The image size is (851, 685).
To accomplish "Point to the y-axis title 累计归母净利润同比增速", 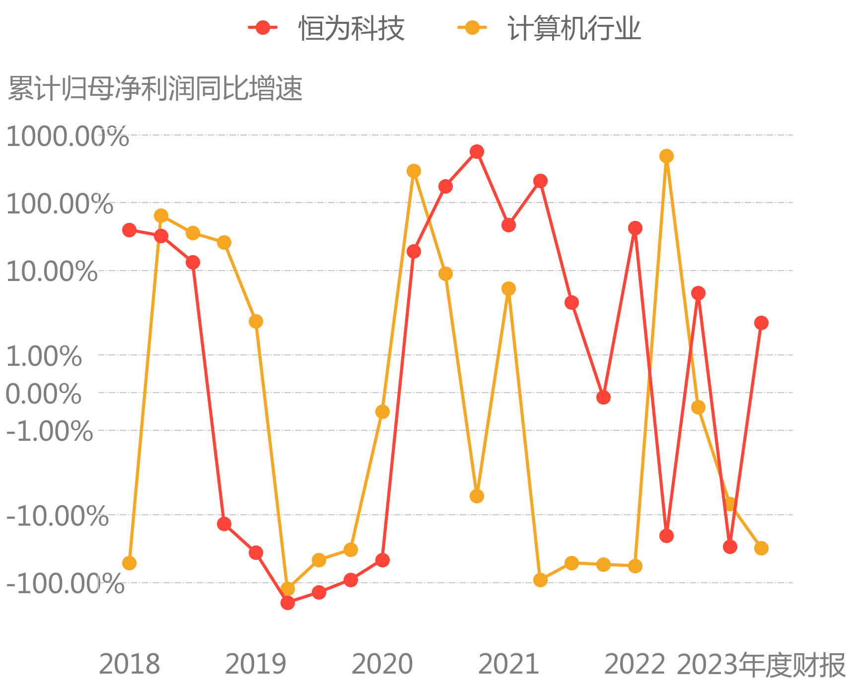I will [155, 89].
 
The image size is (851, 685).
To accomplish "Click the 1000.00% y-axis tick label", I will [67, 136].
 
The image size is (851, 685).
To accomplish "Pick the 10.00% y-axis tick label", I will [52, 272].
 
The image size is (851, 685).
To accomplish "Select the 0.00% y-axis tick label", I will [43, 394].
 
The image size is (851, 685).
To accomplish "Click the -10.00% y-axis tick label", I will [57, 516].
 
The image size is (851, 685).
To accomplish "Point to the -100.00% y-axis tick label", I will [65, 584].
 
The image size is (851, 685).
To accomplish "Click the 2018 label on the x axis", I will [130, 664].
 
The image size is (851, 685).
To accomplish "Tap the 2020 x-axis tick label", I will [382, 664].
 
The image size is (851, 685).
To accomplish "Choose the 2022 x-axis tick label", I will [635, 664].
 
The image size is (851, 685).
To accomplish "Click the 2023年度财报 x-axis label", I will [761, 665].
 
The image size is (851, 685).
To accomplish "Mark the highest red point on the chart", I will [477, 151].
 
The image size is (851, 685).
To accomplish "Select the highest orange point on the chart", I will [666, 156].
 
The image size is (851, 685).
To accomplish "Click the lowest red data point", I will [287, 603].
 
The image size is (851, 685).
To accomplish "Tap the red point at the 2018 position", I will [129, 230].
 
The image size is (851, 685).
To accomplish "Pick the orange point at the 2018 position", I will [129, 563].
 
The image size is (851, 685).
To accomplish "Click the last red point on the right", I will [761, 323].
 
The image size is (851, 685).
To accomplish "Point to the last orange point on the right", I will [761, 548].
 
